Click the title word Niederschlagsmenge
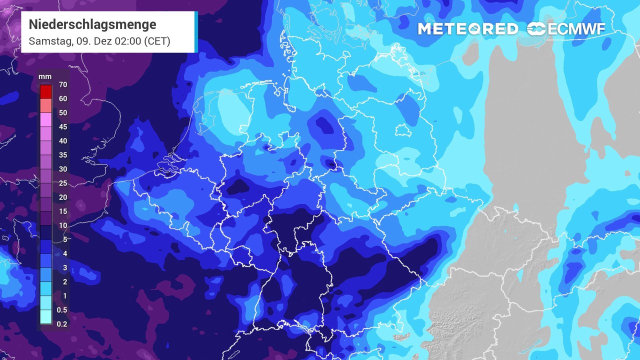pos(92,24)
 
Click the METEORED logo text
pos(467,29)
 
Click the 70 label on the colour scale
pos(63,85)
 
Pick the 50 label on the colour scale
pos(63,113)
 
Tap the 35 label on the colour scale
pos(63,155)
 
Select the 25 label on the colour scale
pos(63,183)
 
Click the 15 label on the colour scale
pos(63,211)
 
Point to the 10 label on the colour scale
pos(63,225)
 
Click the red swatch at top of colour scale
pos(46,92)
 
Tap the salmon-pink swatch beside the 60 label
pos(46,105)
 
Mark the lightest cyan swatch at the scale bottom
pos(46,317)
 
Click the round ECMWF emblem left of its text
pos(537,29)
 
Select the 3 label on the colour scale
pos(63,267)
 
